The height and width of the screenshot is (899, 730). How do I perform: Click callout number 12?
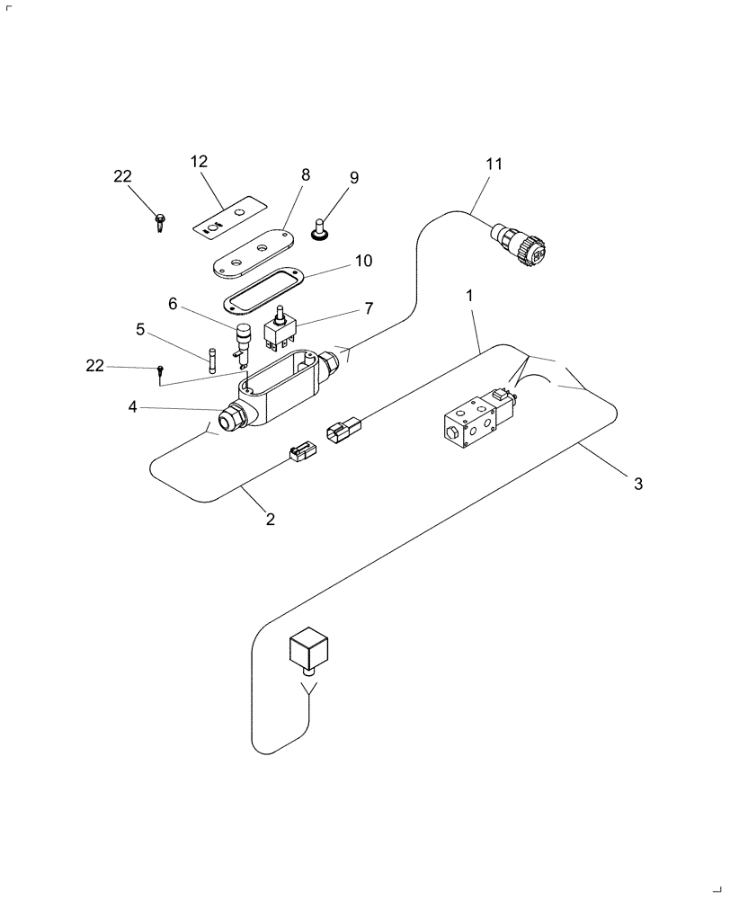tap(199, 162)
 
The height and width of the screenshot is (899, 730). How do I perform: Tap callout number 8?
tap(306, 175)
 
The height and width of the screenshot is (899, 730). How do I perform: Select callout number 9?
tap(354, 178)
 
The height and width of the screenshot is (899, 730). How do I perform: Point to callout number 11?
tap(494, 165)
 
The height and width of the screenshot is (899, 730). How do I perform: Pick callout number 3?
tap(638, 484)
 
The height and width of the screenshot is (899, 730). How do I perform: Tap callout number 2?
tap(270, 519)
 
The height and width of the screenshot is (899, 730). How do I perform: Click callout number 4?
tap(132, 406)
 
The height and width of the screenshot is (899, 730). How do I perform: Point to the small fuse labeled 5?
tap(211, 360)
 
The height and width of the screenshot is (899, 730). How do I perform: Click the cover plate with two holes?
tap(251, 254)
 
